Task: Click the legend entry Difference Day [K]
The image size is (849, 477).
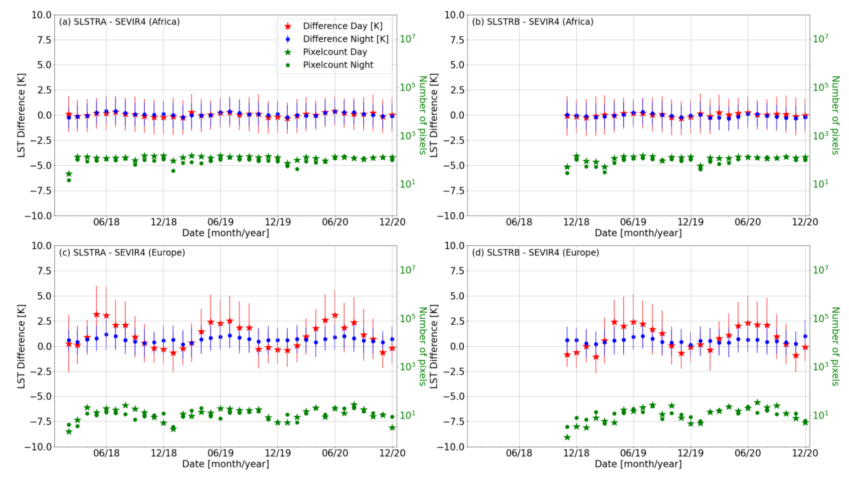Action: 342,26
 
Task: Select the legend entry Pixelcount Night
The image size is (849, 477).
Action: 338,65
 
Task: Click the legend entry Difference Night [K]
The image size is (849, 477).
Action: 345,39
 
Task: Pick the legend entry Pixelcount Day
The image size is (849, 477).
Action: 335,52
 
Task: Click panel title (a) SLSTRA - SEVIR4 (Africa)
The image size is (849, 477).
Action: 119,22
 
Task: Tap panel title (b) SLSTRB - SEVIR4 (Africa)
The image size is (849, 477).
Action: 532,22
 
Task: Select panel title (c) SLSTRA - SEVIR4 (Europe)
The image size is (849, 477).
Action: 122,253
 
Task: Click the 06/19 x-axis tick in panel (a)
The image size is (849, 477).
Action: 220,222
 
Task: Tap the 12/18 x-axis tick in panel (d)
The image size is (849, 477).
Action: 576,453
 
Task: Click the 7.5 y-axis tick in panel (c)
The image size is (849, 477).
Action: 41,271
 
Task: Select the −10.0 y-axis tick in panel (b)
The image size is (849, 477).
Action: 450,216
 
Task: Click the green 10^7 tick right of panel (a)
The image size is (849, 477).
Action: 407,39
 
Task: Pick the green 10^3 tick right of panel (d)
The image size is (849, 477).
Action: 820,367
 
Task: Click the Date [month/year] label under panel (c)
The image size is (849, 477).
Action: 225,464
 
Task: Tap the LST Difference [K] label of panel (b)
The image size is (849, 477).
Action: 433,115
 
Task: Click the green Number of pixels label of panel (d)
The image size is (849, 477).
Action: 835,346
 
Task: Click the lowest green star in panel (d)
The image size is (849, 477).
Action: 567,437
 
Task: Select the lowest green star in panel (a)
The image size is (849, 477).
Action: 69,174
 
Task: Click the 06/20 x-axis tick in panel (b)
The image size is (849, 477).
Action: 747,222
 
